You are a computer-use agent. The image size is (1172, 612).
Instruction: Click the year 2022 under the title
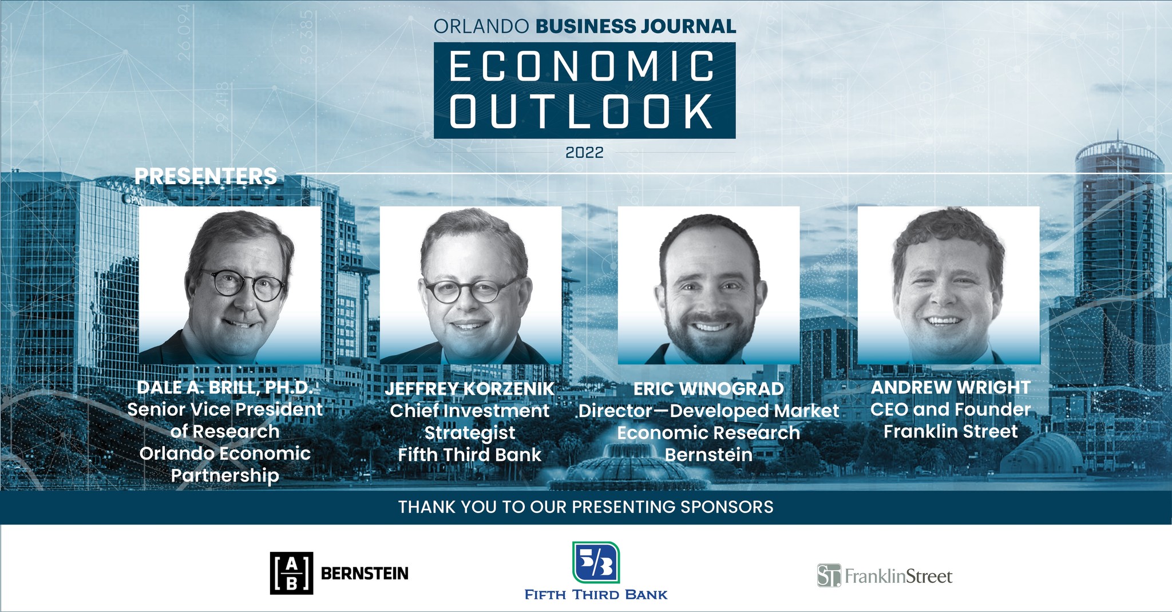pyautogui.click(x=584, y=152)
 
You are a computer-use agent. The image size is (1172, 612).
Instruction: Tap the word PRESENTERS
pyautogui.click(x=205, y=176)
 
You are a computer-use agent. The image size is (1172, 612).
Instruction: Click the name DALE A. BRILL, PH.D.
pyautogui.click(x=225, y=387)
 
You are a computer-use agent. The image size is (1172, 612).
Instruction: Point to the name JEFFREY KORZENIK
pyautogui.click(x=469, y=389)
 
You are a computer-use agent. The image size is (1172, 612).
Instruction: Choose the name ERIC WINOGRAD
pyautogui.click(x=708, y=389)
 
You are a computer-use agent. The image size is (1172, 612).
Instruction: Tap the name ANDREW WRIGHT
pyautogui.click(x=951, y=387)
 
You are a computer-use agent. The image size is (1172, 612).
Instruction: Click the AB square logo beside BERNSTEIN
pyautogui.click(x=291, y=573)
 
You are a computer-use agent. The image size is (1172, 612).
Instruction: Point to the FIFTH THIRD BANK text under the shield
pyautogui.click(x=596, y=595)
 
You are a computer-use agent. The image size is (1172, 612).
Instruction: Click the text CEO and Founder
pyautogui.click(x=951, y=410)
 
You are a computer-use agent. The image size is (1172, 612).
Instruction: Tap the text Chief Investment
pyautogui.click(x=469, y=411)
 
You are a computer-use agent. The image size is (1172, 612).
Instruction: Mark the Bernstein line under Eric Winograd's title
pyautogui.click(x=708, y=455)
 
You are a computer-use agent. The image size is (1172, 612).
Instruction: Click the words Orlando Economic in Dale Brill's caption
pyautogui.click(x=225, y=454)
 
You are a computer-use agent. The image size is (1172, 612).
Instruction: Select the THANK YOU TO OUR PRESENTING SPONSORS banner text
pyautogui.click(x=586, y=507)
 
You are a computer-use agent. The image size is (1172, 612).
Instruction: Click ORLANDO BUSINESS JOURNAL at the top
pyautogui.click(x=585, y=26)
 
